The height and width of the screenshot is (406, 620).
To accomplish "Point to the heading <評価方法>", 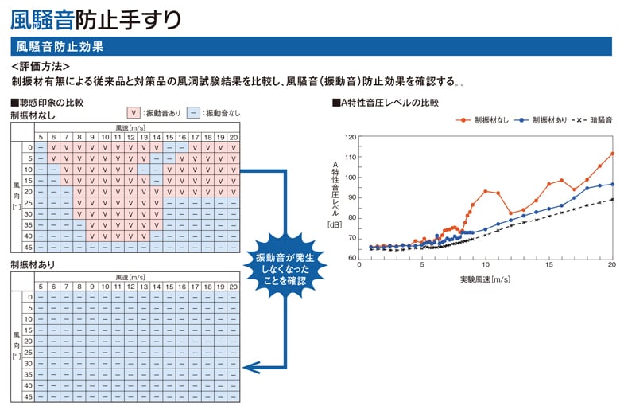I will [41, 66].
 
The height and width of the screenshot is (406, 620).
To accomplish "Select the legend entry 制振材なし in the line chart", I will [483, 119].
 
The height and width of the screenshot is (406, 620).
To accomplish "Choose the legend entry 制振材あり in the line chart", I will [541, 119].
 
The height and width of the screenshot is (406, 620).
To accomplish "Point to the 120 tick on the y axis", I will [352, 137].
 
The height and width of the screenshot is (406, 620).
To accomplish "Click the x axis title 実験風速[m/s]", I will [485, 279].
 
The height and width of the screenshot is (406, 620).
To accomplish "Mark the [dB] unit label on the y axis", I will [335, 225].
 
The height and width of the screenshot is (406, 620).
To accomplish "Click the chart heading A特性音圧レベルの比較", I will [389, 103].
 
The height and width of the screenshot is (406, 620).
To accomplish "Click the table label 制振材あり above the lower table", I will [33, 264].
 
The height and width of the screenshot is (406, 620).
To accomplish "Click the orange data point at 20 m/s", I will [611, 154].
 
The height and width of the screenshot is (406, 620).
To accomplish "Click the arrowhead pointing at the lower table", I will [248, 367].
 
